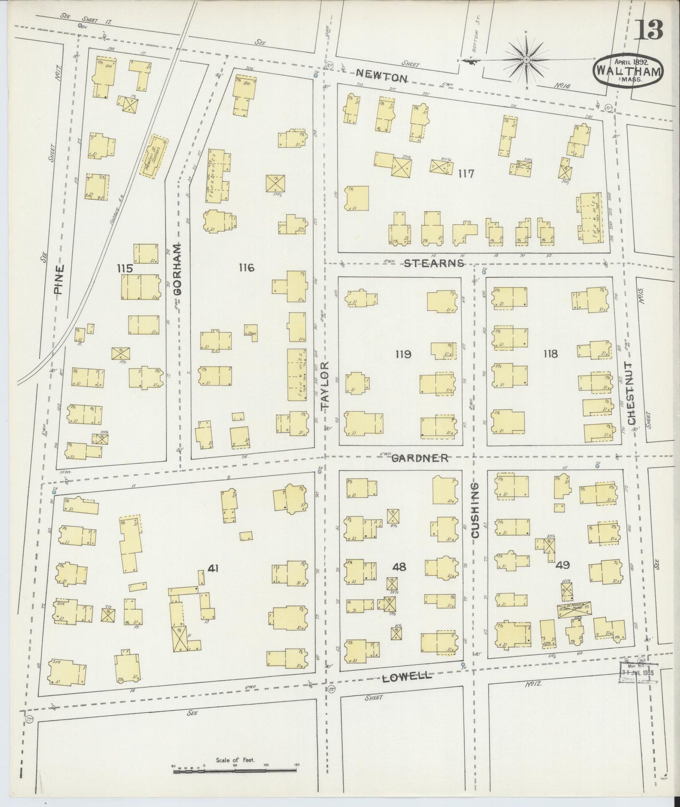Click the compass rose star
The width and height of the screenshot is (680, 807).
pyautogui.click(x=526, y=60)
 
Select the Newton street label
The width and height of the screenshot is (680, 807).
pyautogui.click(x=381, y=75)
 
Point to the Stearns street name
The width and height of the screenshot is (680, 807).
pyautogui.click(x=434, y=263)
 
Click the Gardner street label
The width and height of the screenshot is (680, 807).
pyautogui.click(x=420, y=458)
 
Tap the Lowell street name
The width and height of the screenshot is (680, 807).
pyautogui.click(x=406, y=677)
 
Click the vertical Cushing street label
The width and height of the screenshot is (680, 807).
pyautogui.click(x=475, y=509)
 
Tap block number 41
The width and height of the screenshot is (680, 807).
pyautogui.click(x=213, y=568)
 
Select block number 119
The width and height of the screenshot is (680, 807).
pyautogui.click(x=403, y=354)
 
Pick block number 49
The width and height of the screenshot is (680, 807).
pyautogui.click(x=562, y=565)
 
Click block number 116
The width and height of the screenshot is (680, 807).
pyautogui.click(x=246, y=268)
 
